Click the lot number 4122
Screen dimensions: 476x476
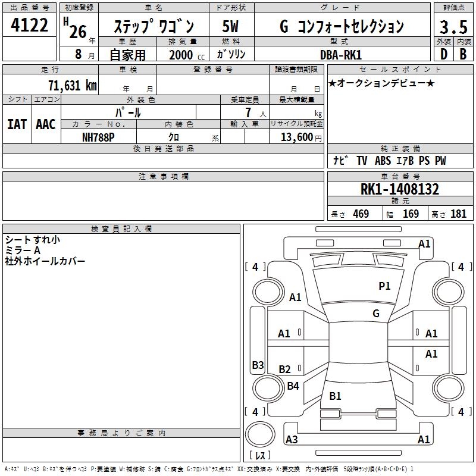(30, 26)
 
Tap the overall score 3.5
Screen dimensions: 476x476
(453, 27)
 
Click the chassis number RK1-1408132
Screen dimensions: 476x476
(400, 190)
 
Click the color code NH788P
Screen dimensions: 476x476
(98, 136)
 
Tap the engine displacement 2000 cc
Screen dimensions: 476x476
(184, 55)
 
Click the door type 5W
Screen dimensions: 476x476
(231, 27)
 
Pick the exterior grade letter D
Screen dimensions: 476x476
(443, 54)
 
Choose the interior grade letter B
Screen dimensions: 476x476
(463, 54)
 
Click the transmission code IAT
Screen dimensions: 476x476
(17, 124)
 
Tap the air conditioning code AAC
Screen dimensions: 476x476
(46, 124)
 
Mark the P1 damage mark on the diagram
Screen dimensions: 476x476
(385, 286)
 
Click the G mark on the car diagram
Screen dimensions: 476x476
(376, 314)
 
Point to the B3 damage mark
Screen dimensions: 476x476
(258, 365)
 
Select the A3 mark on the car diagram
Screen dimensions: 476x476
(292, 440)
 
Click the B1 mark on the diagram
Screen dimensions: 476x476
(335, 396)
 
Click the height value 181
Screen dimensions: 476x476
(458, 214)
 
